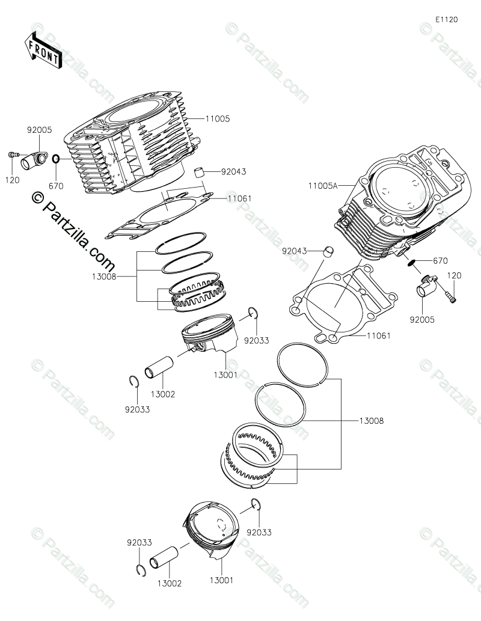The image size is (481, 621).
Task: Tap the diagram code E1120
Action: point(447,20)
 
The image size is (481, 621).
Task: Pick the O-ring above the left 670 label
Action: point(56,159)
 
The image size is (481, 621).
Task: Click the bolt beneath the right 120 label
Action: point(450,295)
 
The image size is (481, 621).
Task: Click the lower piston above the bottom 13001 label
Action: point(212,529)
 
